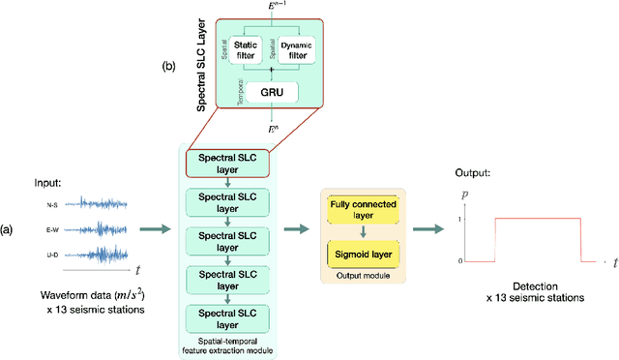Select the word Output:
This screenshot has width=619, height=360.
click(474, 173)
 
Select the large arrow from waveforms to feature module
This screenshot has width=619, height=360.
click(156, 228)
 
